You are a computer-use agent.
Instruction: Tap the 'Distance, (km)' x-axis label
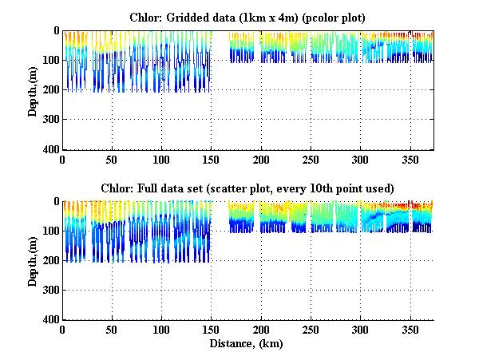tap(247, 345)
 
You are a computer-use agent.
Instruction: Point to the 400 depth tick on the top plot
tap(51, 150)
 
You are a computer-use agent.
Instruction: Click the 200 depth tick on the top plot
tap(51, 90)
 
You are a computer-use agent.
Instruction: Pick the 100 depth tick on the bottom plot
tap(51, 231)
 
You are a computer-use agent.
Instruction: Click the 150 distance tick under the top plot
tap(211, 159)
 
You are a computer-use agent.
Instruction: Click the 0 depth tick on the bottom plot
tap(56, 202)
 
